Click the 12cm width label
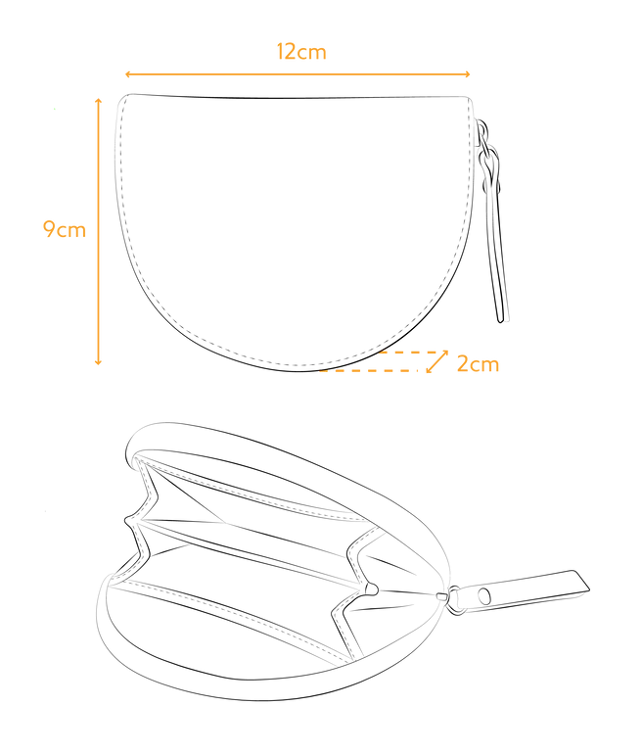coord(301,52)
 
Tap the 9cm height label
coord(65,229)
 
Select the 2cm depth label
coord(478,363)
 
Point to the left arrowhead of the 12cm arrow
coord(128,74)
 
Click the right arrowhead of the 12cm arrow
coord(467,74)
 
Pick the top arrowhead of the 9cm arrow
coord(99,101)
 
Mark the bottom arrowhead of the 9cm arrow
coord(99,361)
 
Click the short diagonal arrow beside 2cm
coord(437,361)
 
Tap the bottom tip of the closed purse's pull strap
coord(501,322)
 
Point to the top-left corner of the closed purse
coord(123,98)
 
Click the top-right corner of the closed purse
coord(469,100)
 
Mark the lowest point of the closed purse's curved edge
coord(298,371)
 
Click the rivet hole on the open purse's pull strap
coord(484,596)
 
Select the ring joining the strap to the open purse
coord(453,600)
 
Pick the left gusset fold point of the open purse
coord(127,520)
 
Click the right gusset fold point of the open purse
coord(372,588)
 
